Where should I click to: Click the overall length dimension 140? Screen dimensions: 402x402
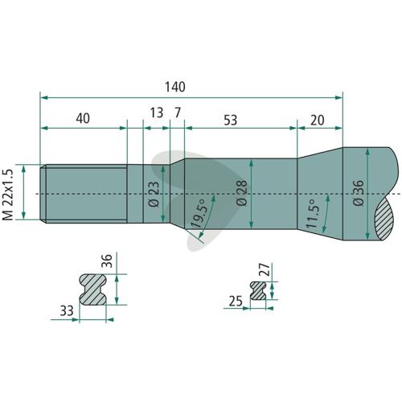[x=174, y=87]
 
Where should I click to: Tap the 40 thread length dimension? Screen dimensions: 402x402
[x=83, y=118]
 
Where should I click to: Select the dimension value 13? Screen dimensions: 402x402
[x=157, y=113]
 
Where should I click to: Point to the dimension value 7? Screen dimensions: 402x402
[x=178, y=113]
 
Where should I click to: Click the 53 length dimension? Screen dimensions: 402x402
[x=231, y=121]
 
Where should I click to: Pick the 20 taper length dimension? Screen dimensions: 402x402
[x=318, y=121]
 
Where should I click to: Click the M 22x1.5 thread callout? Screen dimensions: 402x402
[x=8, y=195]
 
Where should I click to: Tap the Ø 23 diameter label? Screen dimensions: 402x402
[x=154, y=195]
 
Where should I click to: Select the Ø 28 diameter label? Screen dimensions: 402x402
[x=242, y=193]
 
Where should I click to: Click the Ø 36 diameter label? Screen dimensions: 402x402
[x=359, y=193]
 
